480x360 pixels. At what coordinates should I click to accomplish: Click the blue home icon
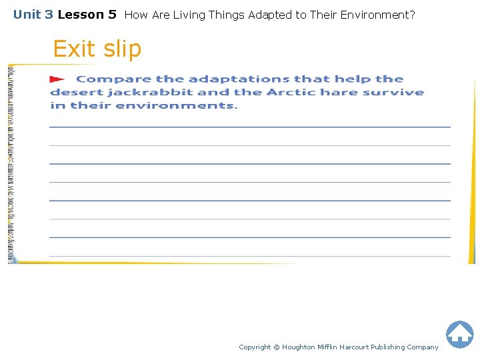click(x=459, y=334)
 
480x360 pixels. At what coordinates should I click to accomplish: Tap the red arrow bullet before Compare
click(x=57, y=79)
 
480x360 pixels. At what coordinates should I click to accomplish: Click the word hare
click(x=337, y=93)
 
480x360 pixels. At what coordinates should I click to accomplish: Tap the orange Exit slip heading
click(x=97, y=49)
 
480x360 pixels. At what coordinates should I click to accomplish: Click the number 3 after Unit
click(x=49, y=14)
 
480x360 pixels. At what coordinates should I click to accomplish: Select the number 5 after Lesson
click(x=112, y=14)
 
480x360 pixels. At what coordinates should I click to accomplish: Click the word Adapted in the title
click(x=270, y=14)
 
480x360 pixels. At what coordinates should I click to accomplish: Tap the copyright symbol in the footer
click(x=277, y=347)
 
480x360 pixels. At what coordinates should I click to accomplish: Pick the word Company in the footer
click(x=423, y=347)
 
